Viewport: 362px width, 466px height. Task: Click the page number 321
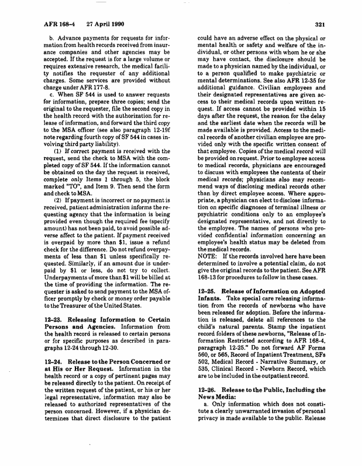[x=320, y=25]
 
